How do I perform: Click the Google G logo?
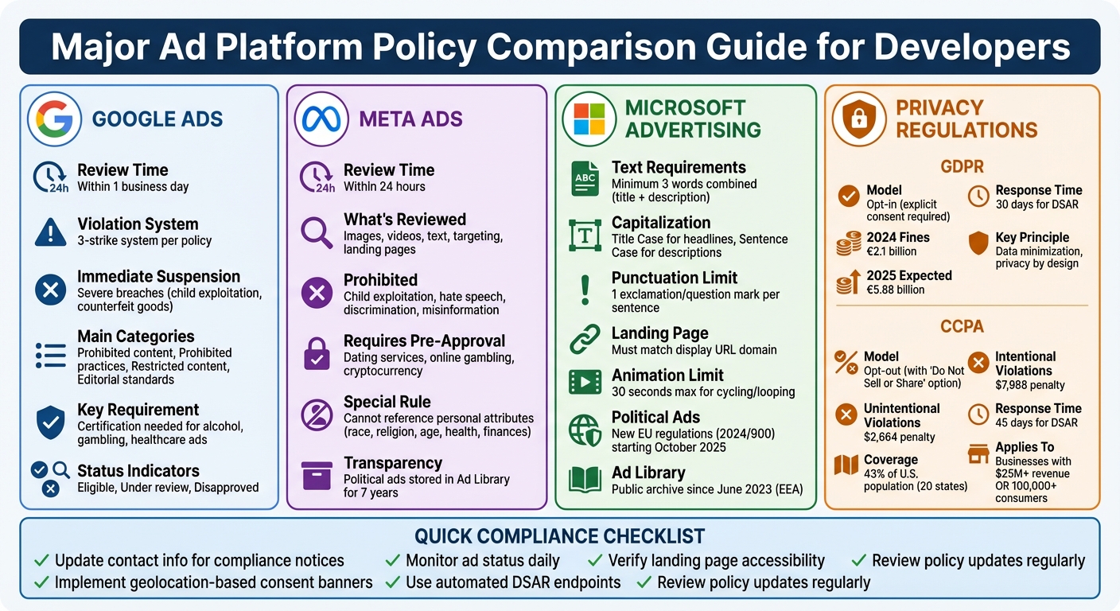click(x=55, y=119)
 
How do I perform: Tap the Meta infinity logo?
click(x=321, y=119)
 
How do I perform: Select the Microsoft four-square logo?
click(x=589, y=119)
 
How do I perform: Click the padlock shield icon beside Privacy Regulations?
click(x=859, y=119)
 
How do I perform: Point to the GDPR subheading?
click(x=962, y=167)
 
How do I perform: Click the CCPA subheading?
click(x=962, y=326)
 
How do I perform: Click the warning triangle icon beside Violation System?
click(x=51, y=232)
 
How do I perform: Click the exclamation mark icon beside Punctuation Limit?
click(x=585, y=290)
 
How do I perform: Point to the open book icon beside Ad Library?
click(x=585, y=480)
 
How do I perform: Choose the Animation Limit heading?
click(x=667, y=376)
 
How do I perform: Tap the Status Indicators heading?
click(x=138, y=471)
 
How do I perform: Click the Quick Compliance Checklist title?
click(x=559, y=536)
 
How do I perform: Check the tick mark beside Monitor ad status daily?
click(x=392, y=561)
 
